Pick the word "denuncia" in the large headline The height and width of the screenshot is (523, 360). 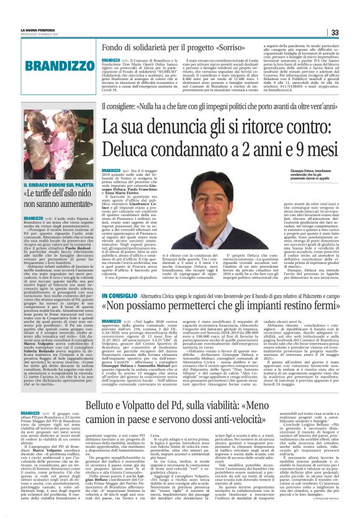[x=168, y=127]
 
